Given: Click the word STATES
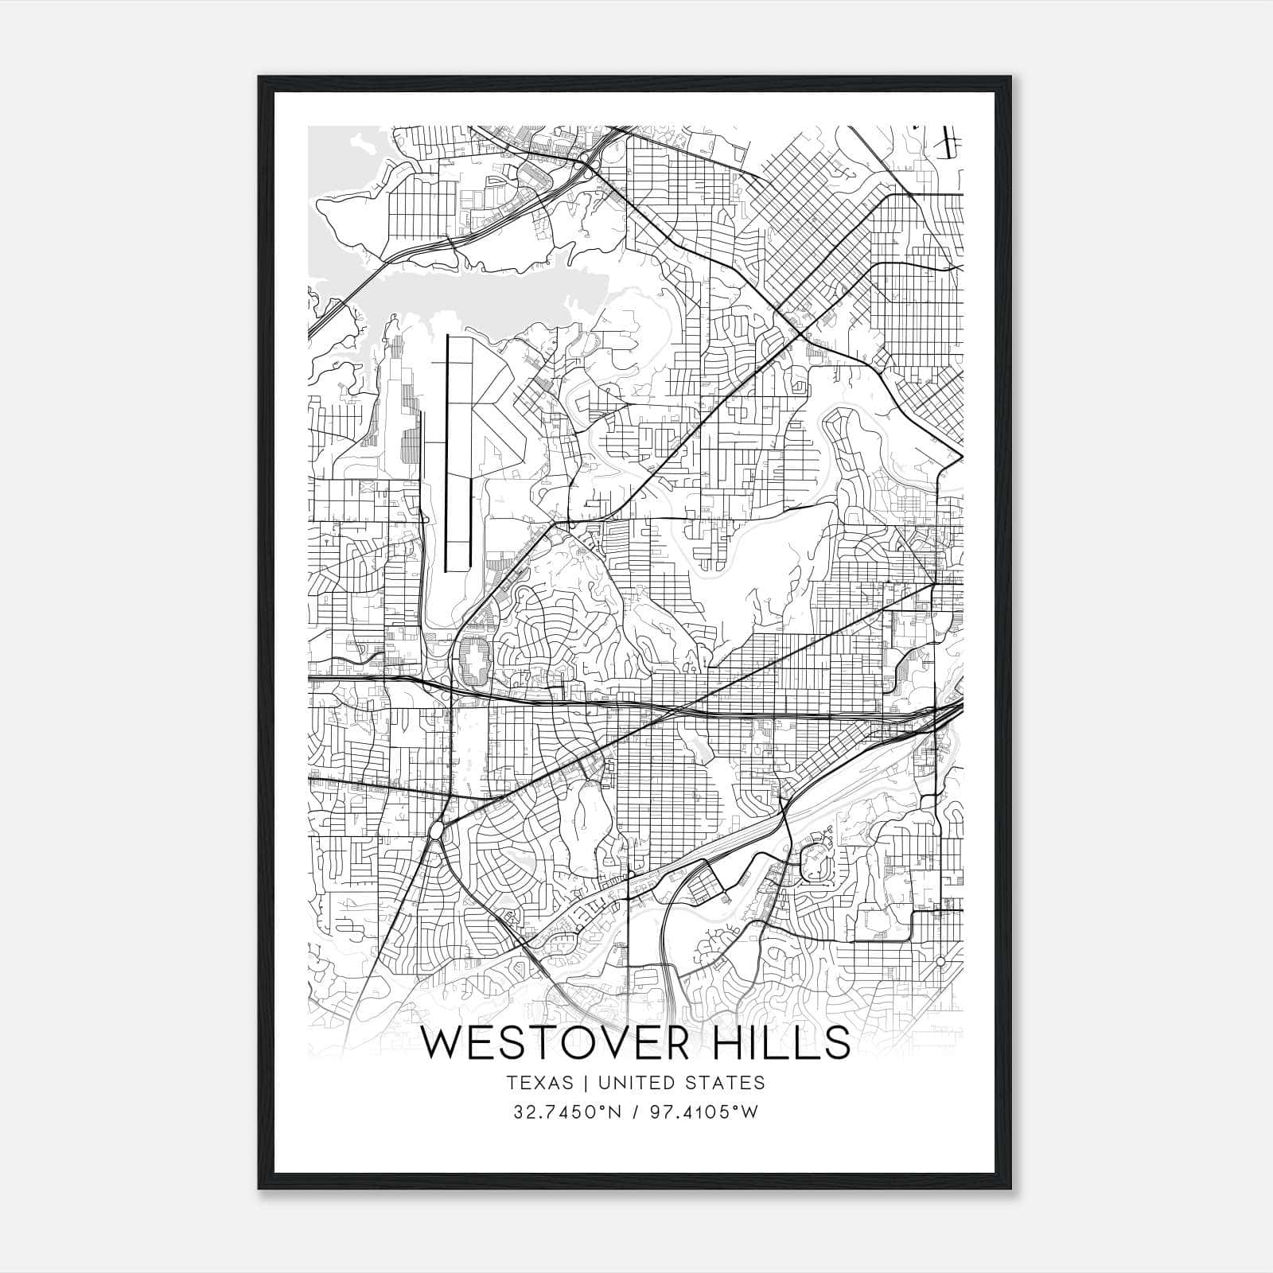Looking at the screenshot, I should (728, 1082).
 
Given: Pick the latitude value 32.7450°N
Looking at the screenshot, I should (566, 1111).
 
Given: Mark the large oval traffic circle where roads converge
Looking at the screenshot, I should (436, 831).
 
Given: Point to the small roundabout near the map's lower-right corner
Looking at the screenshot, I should (940, 962).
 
